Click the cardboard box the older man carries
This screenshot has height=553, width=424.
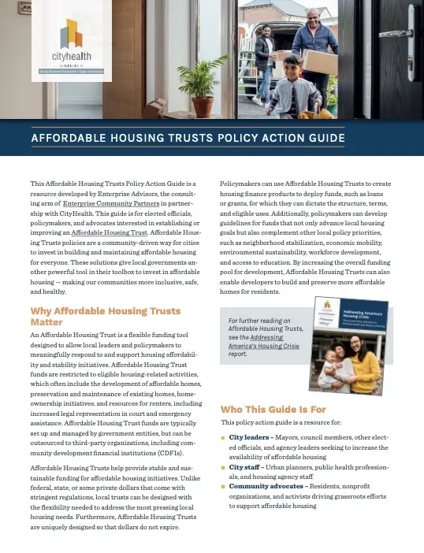[x=320, y=62]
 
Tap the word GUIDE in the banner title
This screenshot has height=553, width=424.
[x=323, y=139]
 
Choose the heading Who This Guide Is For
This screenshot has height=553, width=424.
[x=273, y=410]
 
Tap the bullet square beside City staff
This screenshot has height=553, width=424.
[x=224, y=467]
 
